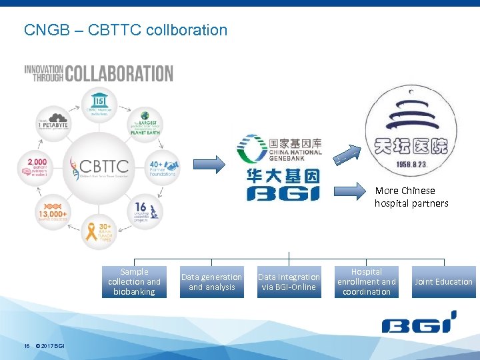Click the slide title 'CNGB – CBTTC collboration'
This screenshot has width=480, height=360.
[125, 30]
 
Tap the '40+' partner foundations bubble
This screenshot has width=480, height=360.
[162, 167]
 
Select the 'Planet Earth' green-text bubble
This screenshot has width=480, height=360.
[145, 124]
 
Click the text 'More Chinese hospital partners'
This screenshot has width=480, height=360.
[411, 197]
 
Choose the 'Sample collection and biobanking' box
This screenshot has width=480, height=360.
[135, 282]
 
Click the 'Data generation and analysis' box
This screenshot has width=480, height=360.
[212, 282]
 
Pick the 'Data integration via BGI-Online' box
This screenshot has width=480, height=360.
[289, 282]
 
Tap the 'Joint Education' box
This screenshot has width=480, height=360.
[443, 282]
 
